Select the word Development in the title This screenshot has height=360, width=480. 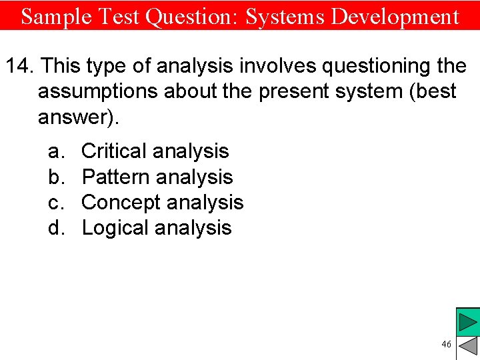coord(395,16)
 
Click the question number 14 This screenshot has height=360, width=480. coord(19,66)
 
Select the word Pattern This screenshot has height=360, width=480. coord(115,177)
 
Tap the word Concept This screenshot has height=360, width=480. coord(121,203)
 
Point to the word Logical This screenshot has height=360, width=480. coord(115,228)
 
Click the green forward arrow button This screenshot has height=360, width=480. coord(467,322)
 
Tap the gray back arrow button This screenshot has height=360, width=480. coord(469,346)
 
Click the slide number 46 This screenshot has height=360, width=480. coord(446,344)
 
